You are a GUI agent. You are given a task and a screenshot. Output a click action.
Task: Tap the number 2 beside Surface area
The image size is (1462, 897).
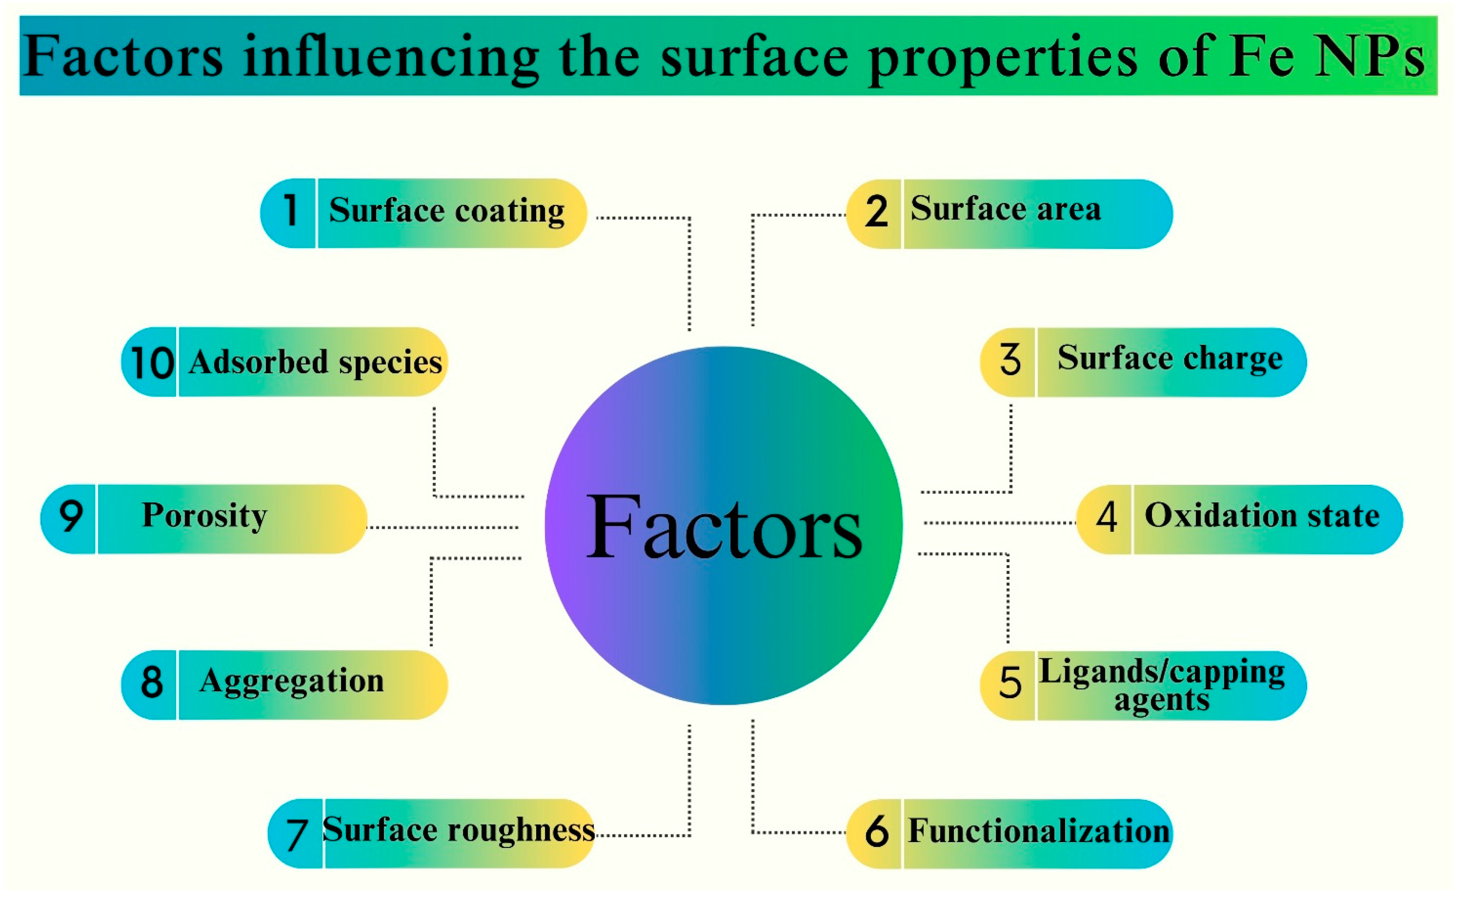click(x=876, y=212)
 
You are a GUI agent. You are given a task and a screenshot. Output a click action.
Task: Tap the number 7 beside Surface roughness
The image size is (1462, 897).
click(x=297, y=834)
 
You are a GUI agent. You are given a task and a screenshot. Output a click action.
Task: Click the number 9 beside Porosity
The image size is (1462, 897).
click(x=70, y=516)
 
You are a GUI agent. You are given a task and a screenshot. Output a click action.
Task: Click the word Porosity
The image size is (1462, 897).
click(x=205, y=515)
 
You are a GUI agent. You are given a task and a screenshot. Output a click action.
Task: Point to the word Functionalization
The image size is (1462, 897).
click(x=1038, y=831)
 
